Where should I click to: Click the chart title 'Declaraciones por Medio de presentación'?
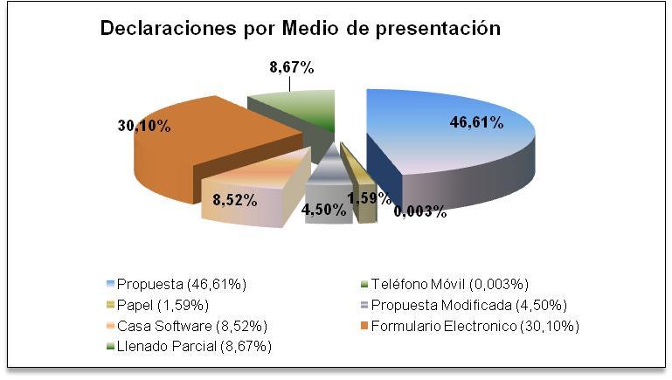tap(301, 29)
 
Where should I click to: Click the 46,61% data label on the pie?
tap(476, 122)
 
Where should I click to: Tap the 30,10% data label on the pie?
tap(144, 126)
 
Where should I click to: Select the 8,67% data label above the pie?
tap(292, 67)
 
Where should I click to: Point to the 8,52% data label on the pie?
tap(235, 200)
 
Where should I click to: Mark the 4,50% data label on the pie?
tap(324, 210)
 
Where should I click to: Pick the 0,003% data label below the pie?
tap(420, 211)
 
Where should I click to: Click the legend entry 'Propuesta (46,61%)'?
tap(177, 284)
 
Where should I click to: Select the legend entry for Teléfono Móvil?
tap(445, 284)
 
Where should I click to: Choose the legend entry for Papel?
tap(157, 305)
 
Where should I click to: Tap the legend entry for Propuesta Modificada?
tap(464, 305)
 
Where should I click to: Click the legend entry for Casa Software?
tap(187, 326)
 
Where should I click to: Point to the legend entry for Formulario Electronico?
tap(470, 326)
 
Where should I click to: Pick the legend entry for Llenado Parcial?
tap(189, 346)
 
